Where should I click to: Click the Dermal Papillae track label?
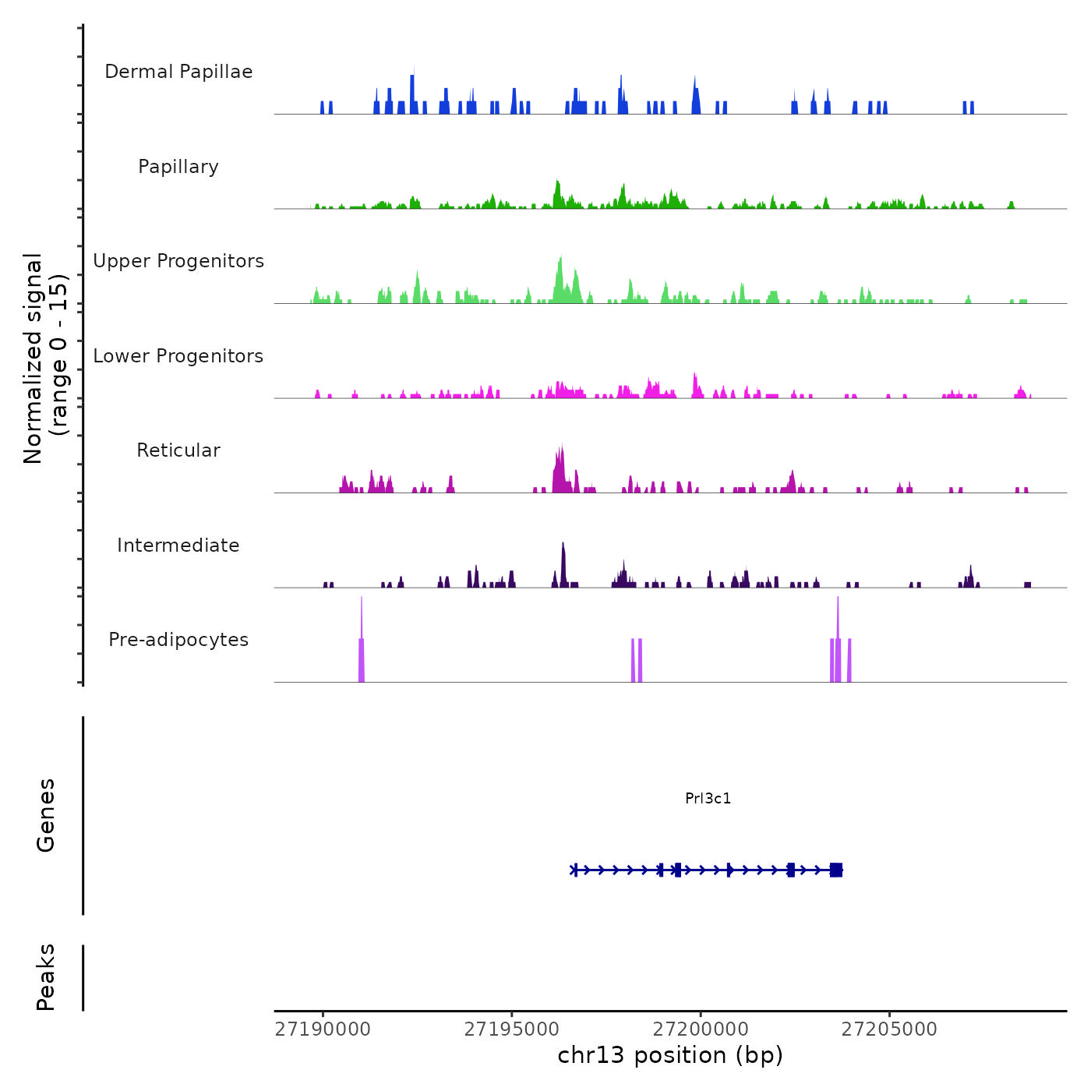(178, 72)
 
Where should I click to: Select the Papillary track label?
(178, 167)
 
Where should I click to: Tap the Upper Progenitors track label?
(178, 261)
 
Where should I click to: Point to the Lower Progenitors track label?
(178, 356)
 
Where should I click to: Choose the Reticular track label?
(178, 450)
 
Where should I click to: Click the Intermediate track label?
(178, 545)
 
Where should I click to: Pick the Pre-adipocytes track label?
(178, 640)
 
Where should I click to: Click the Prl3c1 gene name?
(708, 798)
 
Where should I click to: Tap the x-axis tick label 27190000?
(323, 1029)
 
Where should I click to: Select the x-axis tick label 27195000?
(511, 1029)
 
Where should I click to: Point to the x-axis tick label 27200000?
(701, 1029)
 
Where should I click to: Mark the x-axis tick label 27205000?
(889, 1029)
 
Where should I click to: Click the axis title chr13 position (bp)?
(670, 1055)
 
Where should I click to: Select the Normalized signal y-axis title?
(45, 358)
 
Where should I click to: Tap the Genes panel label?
(46, 815)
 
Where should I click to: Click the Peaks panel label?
(46, 977)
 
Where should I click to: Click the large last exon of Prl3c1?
(836, 870)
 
